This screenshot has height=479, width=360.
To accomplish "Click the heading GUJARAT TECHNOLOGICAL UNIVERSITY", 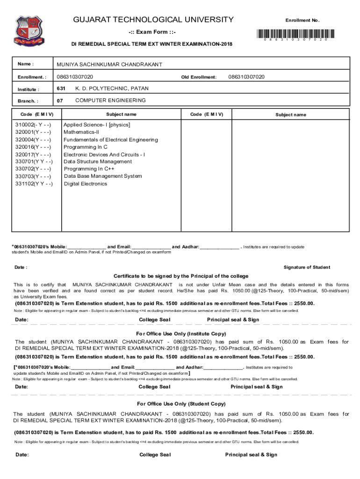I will [x=153, y=20].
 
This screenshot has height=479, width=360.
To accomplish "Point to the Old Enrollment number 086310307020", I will [x=246, y=77].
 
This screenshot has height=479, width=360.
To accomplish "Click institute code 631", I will [x=61, y=88].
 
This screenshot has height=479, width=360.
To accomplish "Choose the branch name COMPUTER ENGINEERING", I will [x=110, y=101].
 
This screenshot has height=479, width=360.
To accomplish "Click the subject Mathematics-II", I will [x=81, y=132].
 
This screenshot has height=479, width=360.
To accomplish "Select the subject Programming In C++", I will [x=89, y=169].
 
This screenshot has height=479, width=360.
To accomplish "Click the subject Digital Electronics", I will [x=86, y=184].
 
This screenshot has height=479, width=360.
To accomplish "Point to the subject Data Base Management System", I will [x=103, y=176].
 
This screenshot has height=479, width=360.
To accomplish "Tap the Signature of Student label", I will [x=307, y=267].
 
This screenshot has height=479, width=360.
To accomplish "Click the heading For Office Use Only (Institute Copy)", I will [x=181, y=334].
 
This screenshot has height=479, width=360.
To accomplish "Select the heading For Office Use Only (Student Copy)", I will [x=181, y=404].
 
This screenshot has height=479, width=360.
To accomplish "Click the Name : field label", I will [x=26, y=64].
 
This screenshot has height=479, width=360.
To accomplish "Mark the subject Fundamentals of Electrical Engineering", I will [x=111, y=140].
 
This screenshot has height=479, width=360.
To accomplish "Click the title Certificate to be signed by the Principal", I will [x=181, y=276].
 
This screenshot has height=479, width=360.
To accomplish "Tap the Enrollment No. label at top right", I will [x=302, y=21].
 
